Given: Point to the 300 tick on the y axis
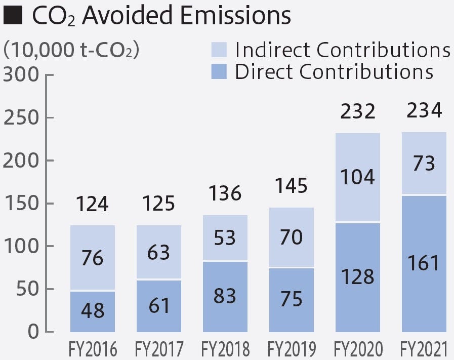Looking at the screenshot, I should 21,75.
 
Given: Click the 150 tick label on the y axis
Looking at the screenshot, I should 21,204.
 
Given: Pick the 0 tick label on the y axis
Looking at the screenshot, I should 33,332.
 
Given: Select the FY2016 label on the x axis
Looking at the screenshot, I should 93,350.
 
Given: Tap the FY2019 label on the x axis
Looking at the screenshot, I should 291,350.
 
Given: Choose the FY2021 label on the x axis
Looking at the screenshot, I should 424,350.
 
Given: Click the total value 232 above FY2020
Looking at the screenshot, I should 358,111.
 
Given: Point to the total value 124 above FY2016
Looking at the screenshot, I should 93,204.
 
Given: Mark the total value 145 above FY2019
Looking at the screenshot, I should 291,186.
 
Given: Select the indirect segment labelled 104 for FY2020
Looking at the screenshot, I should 358,178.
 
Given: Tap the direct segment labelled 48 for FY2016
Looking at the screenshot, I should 93,311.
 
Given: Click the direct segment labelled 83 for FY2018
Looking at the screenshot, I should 225,296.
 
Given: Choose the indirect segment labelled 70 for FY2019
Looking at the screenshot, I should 291,237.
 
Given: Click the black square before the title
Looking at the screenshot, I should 13,16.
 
